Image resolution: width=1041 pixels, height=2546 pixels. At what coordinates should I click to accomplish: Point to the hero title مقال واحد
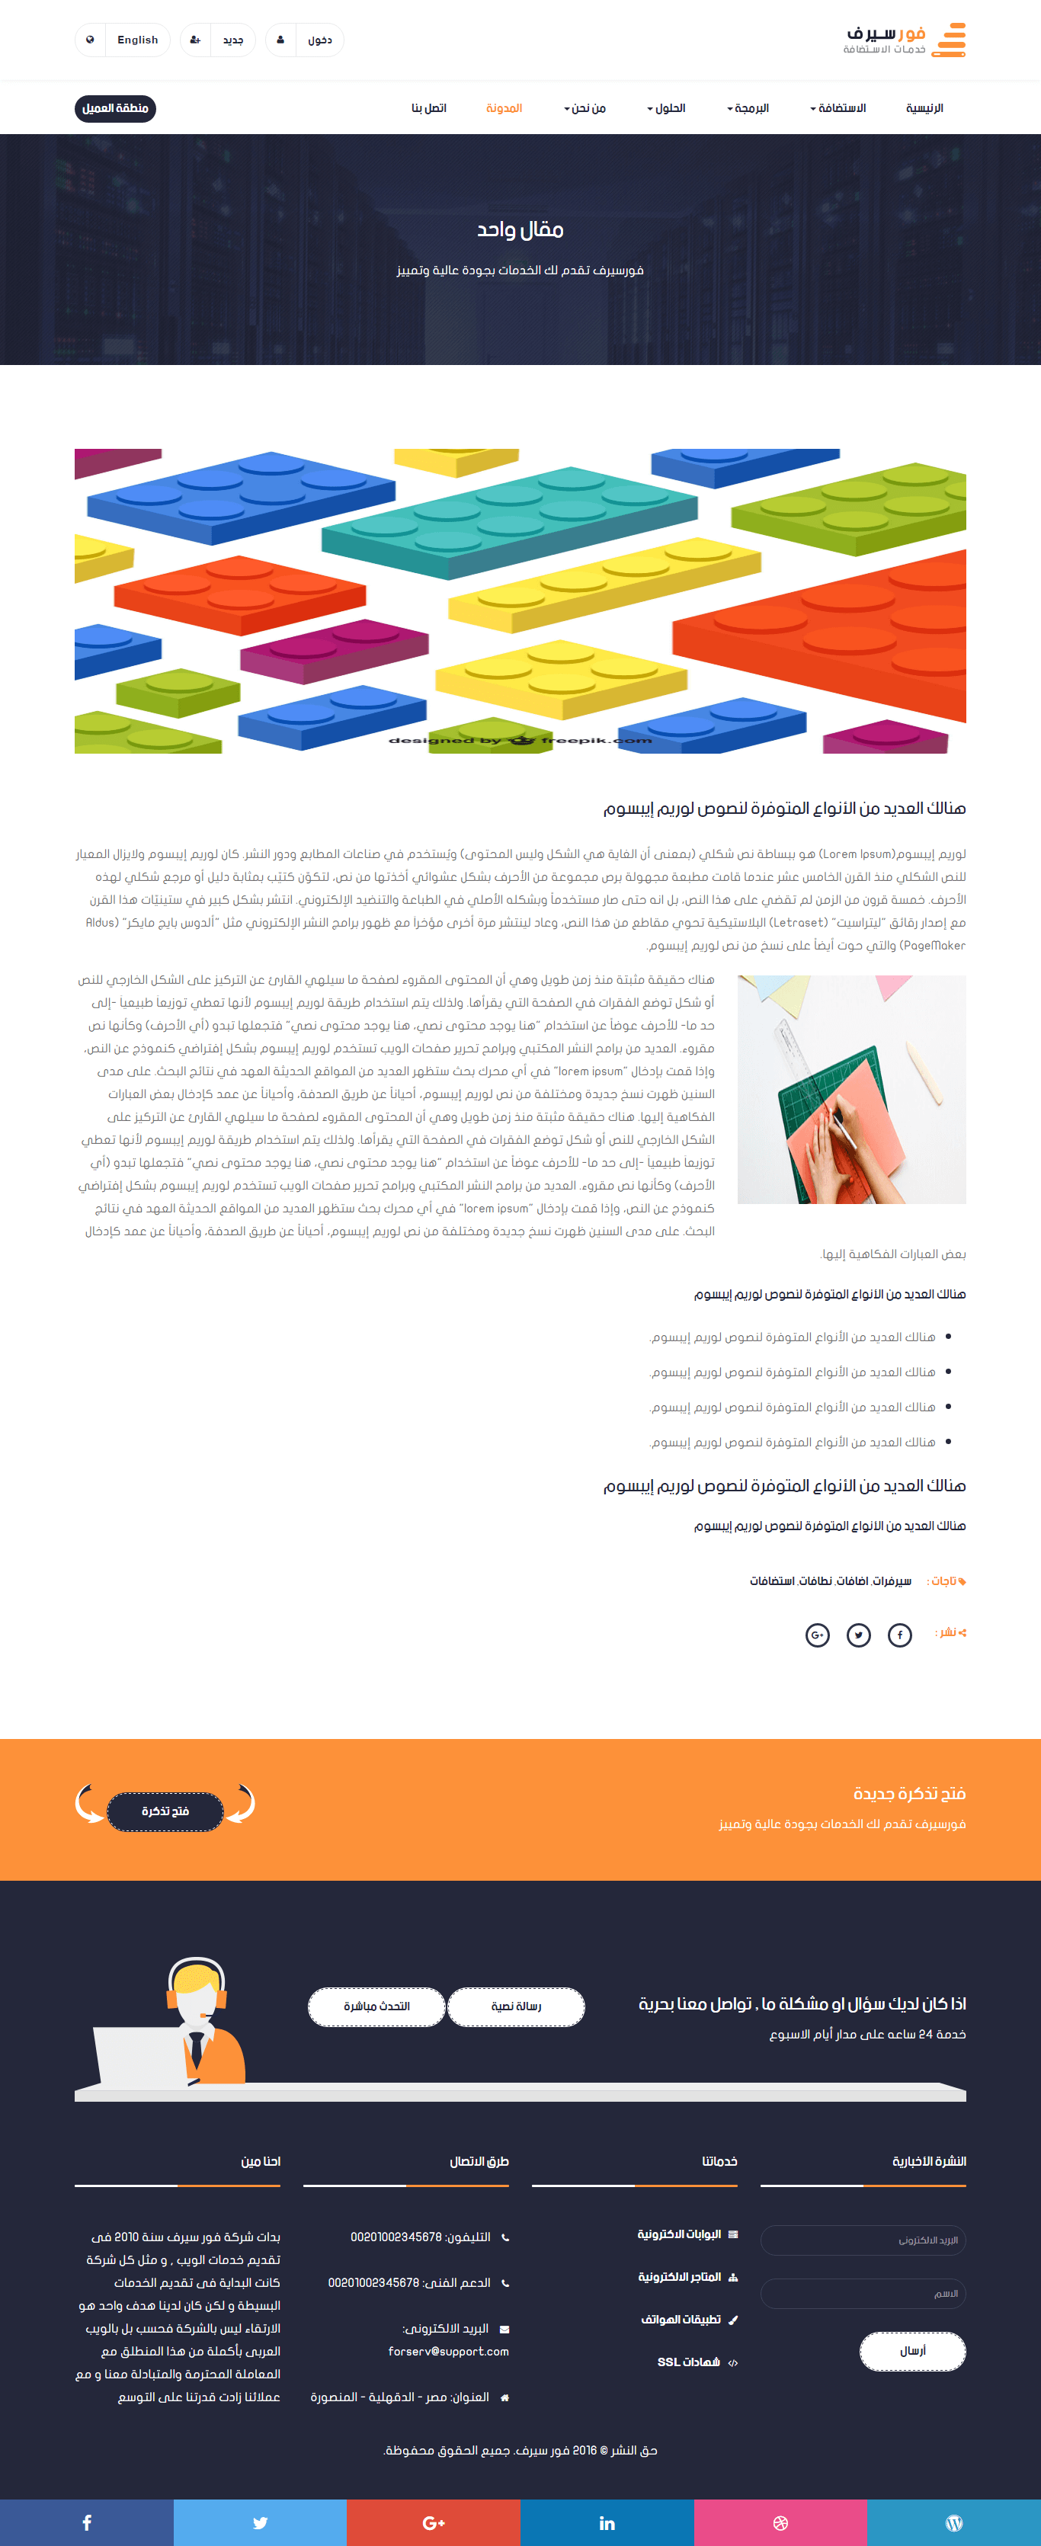520,230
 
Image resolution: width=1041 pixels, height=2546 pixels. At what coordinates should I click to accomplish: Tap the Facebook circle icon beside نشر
899,1635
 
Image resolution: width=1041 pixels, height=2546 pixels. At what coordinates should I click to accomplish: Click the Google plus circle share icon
818,1635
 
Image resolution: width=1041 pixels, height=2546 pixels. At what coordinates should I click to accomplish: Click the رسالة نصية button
516,2006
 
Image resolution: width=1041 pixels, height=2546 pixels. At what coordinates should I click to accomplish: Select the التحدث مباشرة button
376,2006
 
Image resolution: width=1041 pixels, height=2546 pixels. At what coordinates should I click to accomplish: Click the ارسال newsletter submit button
912,2350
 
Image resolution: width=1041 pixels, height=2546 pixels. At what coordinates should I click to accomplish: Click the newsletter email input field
863,2240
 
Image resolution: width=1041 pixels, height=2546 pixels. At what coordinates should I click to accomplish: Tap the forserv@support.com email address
449,2351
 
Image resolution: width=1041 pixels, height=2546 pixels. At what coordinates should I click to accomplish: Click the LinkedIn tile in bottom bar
607,2522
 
